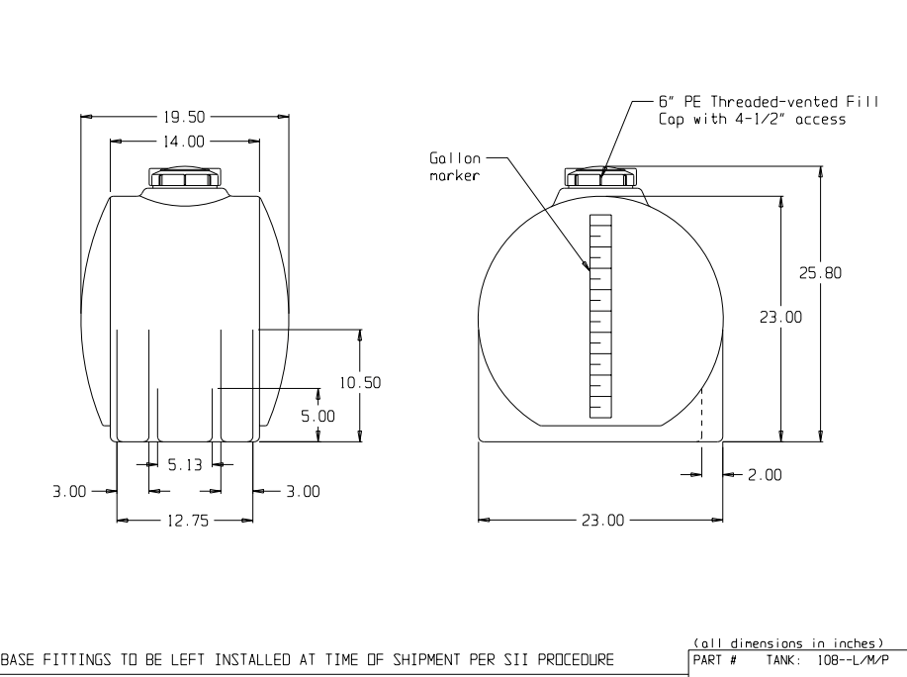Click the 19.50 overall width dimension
(x=185, y=116)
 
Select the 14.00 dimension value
(x=185, y=142)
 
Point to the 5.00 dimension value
(x=318, y=417)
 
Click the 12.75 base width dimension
(x=185, y=521)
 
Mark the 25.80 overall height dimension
(x=821, y=274)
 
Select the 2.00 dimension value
(x=763, y=475)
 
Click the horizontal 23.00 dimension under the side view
(x=601, y=521)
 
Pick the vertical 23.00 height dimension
(x=781, y=318)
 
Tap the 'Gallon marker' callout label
(x=453, y=166)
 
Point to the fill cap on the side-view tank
(x=601, y=177)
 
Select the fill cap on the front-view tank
(x=185, y=179)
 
